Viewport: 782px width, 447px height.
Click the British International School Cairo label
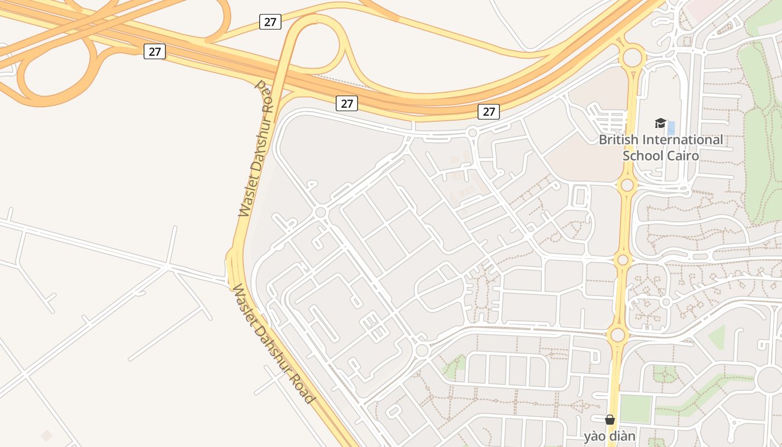tap(661, 147)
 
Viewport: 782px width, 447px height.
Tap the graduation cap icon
tap(661, 123)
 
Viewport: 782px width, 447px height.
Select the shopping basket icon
tap(610, 419)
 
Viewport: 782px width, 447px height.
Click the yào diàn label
tap(610, 436)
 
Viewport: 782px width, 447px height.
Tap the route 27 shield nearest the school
tap(489, 111)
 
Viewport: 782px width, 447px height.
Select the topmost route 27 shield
tap(270, 22)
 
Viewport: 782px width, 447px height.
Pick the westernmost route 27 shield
tap(155, 51)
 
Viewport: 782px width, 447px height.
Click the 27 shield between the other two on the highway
tap(347, 103)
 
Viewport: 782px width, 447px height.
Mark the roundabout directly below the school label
tap(627, 185)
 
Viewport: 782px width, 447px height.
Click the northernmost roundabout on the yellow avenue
tap(632, 57)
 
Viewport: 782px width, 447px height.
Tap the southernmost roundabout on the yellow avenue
tap(618, 335)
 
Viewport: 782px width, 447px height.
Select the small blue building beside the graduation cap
tap(671, 128)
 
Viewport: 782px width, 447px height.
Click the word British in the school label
tap(619, 139)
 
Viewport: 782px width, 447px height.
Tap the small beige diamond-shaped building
tap(47, 435)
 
